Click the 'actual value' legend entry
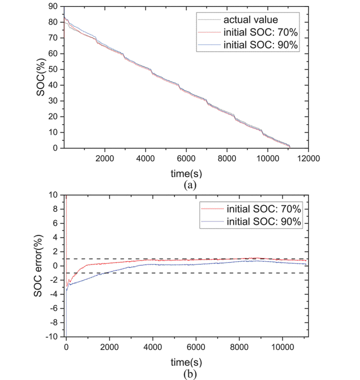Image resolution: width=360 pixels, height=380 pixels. click(248, 20)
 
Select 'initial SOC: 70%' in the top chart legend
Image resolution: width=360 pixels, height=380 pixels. click(260, 33)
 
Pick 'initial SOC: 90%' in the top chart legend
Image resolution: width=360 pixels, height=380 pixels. click(260, 45)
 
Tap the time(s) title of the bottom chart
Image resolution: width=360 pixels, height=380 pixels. click(185, 361)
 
